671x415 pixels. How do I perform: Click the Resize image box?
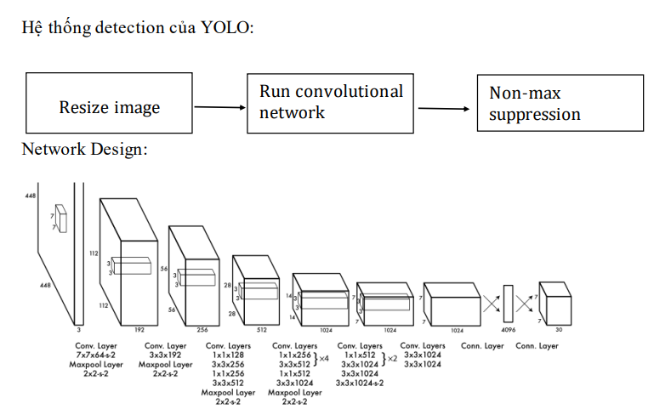110,107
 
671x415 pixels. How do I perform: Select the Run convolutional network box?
331,101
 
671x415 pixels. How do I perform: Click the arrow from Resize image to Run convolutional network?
220,107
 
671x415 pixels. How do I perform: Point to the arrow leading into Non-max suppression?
444,108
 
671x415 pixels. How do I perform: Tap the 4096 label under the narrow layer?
509,329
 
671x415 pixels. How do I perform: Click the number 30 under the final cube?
558,329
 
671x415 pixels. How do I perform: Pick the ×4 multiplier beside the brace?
323,359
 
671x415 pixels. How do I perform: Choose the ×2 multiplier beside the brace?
392,359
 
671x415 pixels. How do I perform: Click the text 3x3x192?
165,355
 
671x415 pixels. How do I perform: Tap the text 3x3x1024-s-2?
359,383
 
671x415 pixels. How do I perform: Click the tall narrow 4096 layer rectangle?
509,303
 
